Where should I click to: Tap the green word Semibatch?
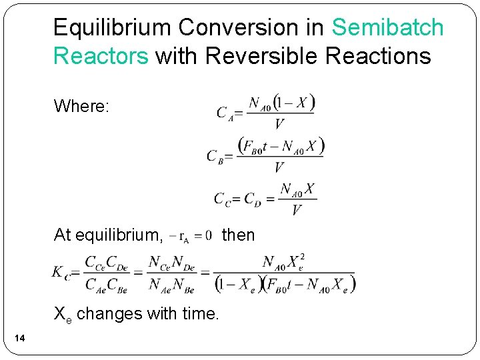(387, 28)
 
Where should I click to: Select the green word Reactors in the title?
(101, 56)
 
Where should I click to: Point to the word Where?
(82, 106)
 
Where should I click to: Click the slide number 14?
(20, 340)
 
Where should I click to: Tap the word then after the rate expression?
(238, 235)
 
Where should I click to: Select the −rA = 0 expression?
(192, 235)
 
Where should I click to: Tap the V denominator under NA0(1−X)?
(279, 124)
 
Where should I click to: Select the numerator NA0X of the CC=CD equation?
(297, 189)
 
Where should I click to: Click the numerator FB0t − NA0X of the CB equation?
(281, 146)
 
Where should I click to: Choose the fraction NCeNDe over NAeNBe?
(171, 273)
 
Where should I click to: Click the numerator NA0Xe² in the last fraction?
(284, 261)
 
